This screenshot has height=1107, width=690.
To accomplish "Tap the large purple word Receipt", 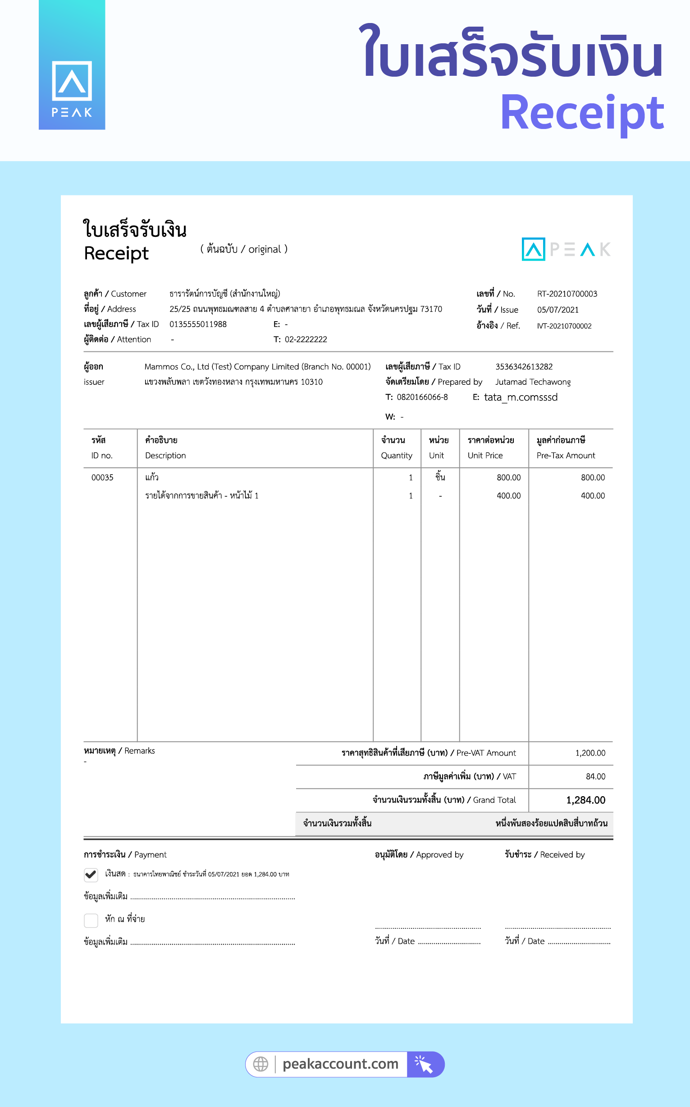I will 582,113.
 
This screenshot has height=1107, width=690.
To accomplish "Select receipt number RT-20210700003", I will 567,294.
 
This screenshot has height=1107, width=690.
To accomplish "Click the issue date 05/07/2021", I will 557,309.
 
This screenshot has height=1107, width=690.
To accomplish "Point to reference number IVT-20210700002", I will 564,326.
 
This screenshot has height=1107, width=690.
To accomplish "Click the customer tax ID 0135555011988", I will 198,324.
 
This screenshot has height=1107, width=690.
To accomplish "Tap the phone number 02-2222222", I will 306,339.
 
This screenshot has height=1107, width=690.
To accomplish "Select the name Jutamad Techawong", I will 533,382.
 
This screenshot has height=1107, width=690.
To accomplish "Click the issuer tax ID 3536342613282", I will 524,367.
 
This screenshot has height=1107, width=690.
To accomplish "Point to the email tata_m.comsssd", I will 521,397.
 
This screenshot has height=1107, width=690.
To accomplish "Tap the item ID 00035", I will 102,478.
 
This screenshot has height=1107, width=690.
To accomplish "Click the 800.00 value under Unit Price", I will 508,478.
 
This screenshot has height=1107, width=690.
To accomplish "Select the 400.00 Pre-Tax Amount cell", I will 592,496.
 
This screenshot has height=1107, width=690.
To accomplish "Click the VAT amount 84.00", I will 595,776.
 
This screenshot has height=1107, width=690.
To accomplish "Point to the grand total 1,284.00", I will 585,800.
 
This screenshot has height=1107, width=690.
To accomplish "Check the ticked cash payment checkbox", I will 91,875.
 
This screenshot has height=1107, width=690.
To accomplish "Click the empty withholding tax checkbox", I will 91,920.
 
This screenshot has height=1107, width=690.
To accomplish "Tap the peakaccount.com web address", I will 340,1064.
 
